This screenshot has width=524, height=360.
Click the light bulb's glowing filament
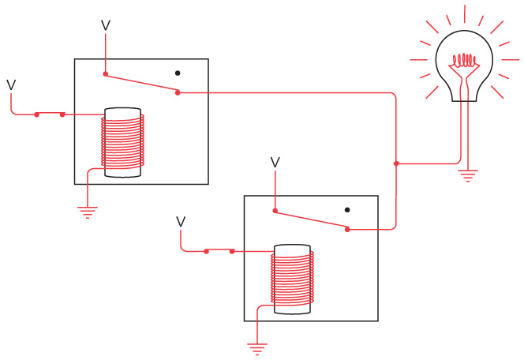(466, 59)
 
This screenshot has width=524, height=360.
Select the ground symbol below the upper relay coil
(88, 211)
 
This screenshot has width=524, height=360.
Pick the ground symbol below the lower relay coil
(256, 347)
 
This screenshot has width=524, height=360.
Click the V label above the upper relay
(106, 25)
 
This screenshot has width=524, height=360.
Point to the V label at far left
(11, 84)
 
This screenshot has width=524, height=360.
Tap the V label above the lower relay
(275, 162)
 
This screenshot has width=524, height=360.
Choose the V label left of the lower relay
(181, 222)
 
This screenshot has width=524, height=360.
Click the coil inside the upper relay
(123, 143)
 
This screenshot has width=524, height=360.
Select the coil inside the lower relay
(292, 279)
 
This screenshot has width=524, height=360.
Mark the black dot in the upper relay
(178, 73)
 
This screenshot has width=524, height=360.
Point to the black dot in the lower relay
(347, 210)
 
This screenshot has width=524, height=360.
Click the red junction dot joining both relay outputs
(396, 164)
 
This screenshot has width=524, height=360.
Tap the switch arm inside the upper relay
(141, 84)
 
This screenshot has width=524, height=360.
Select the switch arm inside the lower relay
(311, 220)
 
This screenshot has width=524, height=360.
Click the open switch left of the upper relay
(50, 114)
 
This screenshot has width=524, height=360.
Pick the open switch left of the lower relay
(219, 251)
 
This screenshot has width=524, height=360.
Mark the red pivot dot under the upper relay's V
(106, 75)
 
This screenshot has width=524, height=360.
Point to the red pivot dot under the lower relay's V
(275, 211)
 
